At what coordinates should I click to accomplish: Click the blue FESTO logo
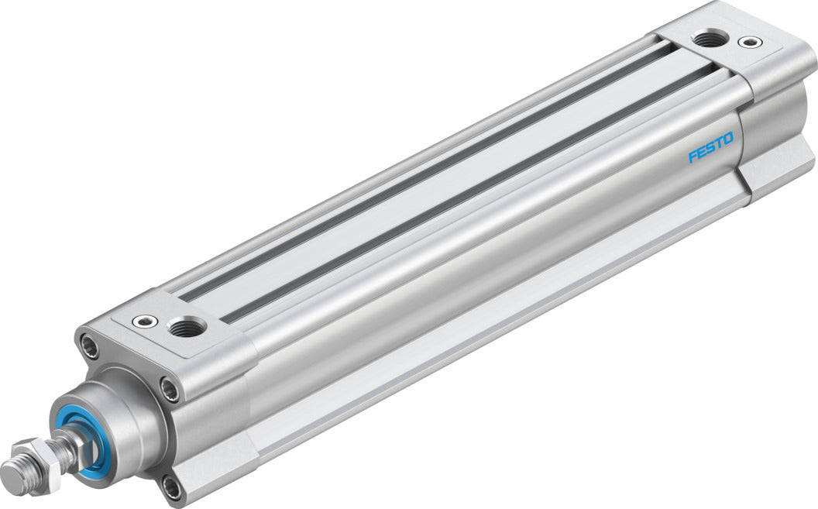[x=710, y=148]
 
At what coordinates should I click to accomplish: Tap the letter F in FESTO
[x=693, y=156]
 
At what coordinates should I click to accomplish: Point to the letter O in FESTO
[x=728, y=139]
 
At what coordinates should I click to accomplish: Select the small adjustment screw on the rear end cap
[x=748, y=41]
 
